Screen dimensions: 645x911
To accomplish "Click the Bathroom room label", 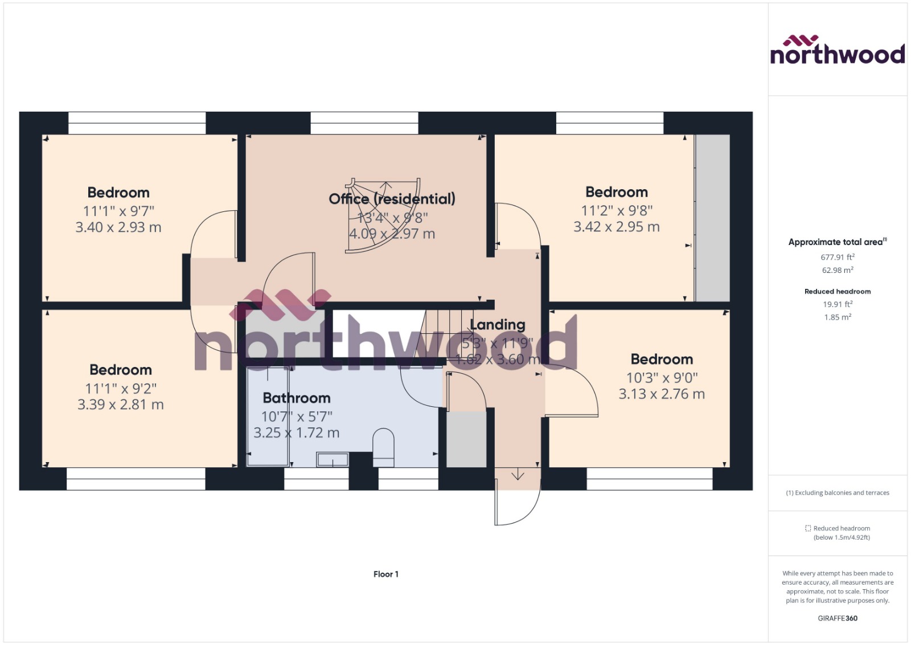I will coord(297,398).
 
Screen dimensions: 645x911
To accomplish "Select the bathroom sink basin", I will coord(333,459).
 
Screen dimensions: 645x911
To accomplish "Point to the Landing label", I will coord(498,325).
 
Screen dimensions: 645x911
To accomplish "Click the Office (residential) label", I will coord(392,199).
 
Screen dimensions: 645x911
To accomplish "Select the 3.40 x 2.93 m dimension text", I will coord(118,227).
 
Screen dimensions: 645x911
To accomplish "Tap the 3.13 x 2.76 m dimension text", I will coord(662,394).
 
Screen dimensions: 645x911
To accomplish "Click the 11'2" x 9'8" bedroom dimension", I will coord(617,210).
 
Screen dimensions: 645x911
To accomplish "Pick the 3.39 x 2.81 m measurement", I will coord(121,405).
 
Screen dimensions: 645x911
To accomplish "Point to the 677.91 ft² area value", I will coord(838,257).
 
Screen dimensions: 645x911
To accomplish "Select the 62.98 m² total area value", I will coord(838,270).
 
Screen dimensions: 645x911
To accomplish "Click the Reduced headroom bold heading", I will coord(838,291).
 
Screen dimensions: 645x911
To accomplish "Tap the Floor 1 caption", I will coord(386,574).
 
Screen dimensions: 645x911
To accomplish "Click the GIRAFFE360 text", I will coord(838,618).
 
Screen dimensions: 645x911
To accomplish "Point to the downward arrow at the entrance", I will coord(518,475).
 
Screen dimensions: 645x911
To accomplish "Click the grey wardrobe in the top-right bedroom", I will coord(712,218).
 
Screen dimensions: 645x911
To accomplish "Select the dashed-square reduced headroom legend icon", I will coord(807,528).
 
